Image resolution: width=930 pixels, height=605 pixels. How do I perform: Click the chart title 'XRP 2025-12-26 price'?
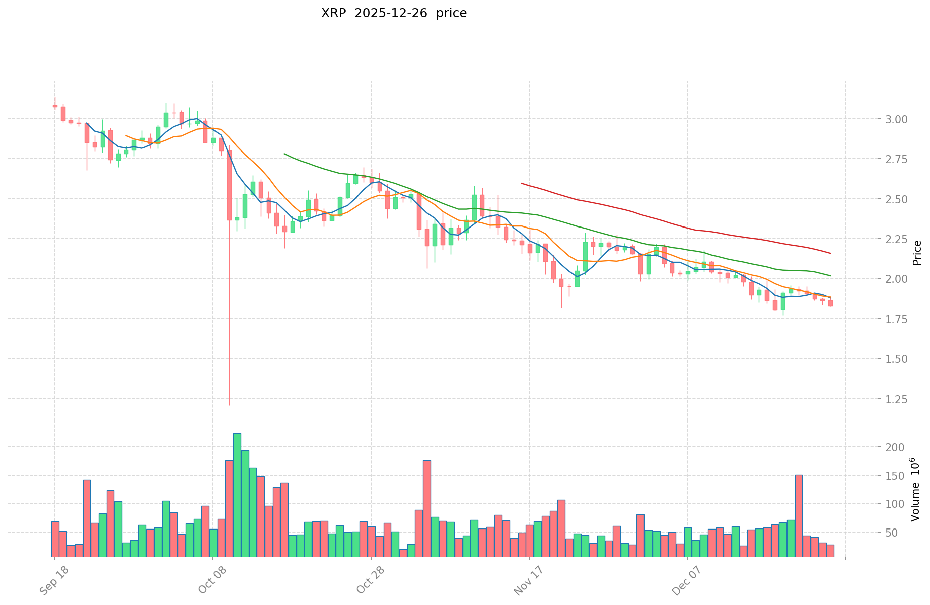click(x=394, y=13)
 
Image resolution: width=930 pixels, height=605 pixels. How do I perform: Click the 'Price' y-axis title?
click(x=917, y=253)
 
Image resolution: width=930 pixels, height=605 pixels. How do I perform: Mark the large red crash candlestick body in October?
click(x=229, y=185)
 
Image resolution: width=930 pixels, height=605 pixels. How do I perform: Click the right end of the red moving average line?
click(x=830, y=253)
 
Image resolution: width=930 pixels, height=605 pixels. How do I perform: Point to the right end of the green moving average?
click(x=830, y=275)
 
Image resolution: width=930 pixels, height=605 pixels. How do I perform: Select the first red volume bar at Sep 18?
click(x=55, y=539)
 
